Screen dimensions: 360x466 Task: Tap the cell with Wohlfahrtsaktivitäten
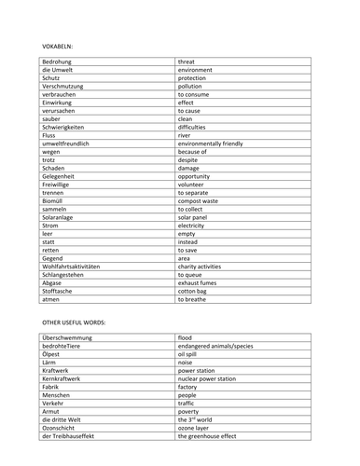coord(78,266)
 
